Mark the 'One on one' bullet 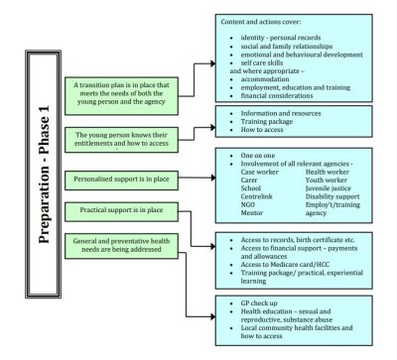coord(261,159)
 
